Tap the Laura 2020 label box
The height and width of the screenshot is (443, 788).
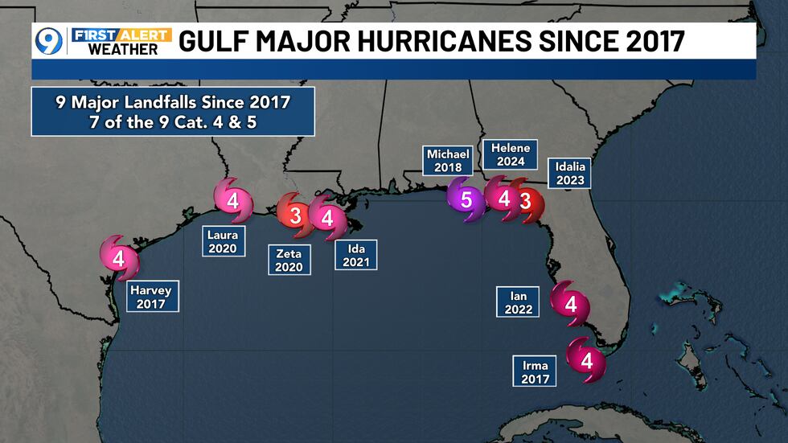223,242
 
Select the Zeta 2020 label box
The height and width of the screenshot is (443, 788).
290,259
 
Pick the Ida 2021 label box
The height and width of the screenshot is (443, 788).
355,256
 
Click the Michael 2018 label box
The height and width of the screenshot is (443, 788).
449,161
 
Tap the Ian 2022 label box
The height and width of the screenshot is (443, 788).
519,302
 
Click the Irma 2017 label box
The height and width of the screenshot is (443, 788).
535,371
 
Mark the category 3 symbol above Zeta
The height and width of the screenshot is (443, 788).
295,215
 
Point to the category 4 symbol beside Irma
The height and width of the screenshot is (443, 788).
586,360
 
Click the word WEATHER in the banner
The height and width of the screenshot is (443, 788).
123,49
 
